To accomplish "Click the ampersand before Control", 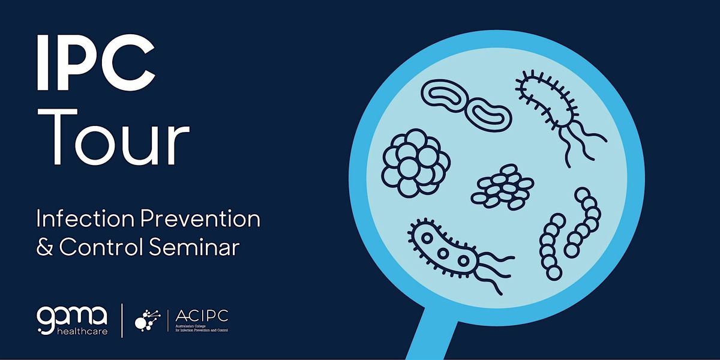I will pos(45,248).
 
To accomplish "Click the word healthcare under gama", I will pos(80,331).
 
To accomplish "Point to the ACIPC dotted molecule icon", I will pos(146,319).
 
